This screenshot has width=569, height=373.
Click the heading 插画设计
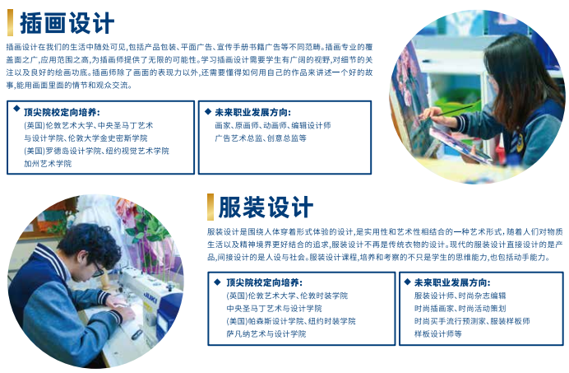[x=67, y=23]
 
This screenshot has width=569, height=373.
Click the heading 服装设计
[x=266, y=207]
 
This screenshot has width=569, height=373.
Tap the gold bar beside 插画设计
[x=10, y=22]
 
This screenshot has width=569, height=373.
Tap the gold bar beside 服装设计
[x=210, y=207]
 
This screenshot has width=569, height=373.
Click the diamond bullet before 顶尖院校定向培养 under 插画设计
[x=16, y=109]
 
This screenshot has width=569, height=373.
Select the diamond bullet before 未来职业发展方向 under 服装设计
[x=407, y=282]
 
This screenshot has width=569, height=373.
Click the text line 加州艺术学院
[x=48, y=164]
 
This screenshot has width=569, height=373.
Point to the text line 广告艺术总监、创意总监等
[x=261, y=138]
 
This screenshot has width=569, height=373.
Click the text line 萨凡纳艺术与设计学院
[x=266, y=333]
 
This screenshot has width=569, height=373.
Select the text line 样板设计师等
[x=438, y=333]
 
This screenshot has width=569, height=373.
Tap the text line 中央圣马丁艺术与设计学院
[x=274, y=308]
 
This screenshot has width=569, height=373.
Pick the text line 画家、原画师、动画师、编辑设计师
[x=273, y=125]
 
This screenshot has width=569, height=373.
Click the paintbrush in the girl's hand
[x=452, y=110]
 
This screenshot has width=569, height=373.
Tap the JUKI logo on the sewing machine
[x=150, y=297]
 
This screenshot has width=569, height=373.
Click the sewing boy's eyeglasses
[x=96, y=269]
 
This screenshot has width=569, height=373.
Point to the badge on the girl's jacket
[x=520, y=142]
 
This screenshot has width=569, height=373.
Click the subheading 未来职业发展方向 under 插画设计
[x=253, y=112]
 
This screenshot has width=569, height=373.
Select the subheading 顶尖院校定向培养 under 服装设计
[x=264, y=283]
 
